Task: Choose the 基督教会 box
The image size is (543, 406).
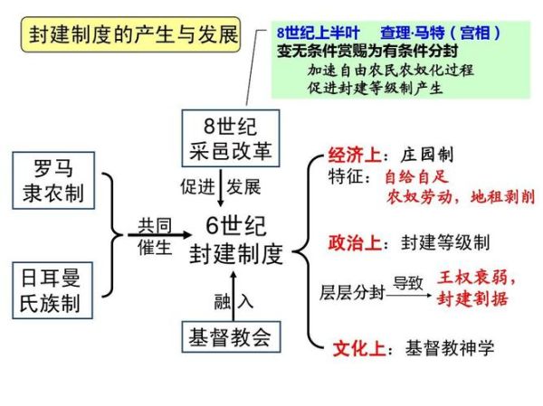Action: pyautogui.click(x=229, y=337)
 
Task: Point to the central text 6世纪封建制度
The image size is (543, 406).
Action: pyautogui.click(x=236, y=240)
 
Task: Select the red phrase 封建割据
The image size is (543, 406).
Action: pyautogui.click(x=472, y=299)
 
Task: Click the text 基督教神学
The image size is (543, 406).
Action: pyautogui.click(x=450, y=346)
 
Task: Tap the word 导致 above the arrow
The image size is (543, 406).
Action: pyautogui.click(x=408, y=281)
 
